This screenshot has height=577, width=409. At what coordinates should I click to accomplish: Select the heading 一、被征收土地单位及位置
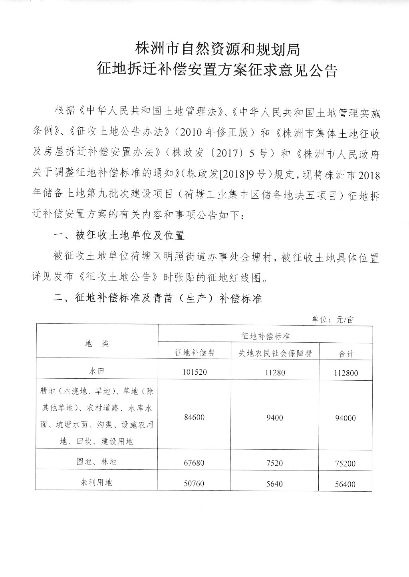[x=119, y=235]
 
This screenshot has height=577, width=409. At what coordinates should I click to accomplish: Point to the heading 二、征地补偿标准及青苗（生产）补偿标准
[x=157, y=298]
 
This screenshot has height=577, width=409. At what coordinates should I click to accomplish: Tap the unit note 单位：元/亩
[x=333, y=320]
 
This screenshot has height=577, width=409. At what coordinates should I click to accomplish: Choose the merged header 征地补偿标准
[x=265, y=336]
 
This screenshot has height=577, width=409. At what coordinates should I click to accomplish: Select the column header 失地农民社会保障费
[x=275, y=353]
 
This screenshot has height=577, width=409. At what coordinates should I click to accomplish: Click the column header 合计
[x=346, y=354]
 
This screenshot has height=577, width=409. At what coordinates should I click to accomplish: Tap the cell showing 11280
[x=275, y=372]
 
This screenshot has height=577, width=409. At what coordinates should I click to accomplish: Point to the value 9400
[x=275, y=417]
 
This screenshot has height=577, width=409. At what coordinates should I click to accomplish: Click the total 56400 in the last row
[x=346, y=484]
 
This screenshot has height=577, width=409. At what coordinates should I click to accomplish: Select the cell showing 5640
[x=275, y=484]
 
